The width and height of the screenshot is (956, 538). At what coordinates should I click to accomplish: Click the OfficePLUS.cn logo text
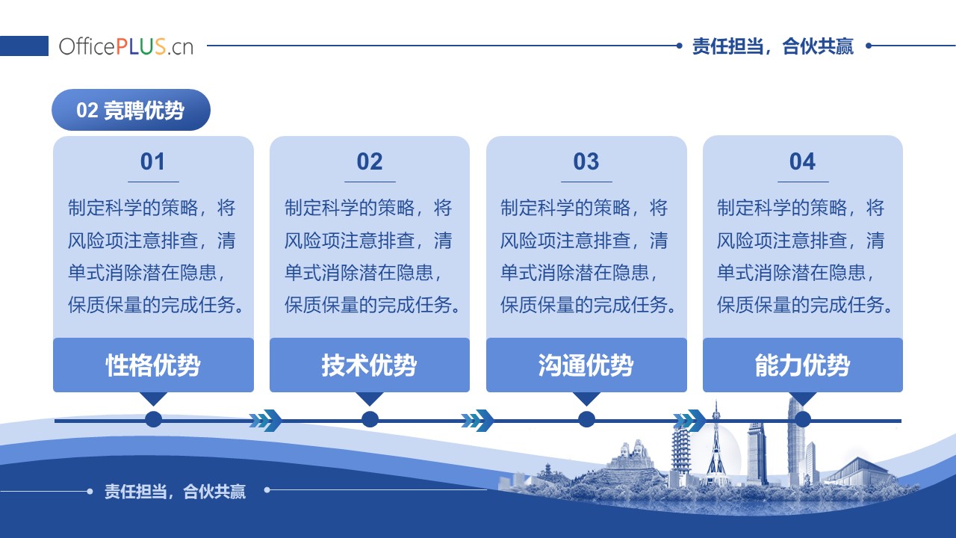tap(126, 46)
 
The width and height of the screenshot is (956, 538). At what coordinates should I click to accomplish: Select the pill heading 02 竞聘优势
tap(131, 110)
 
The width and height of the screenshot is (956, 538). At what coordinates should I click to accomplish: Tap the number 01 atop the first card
tap(152, 161)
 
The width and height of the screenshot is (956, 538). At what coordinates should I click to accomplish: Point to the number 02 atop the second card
tap(370, 161)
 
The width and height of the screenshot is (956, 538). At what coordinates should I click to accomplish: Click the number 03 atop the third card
tap(586, 161)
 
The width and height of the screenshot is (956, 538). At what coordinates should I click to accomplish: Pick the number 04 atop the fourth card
tap(802, 161)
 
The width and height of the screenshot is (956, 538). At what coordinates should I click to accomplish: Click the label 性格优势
tap(153, 365)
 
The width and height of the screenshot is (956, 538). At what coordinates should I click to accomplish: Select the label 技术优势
tap(369, 365)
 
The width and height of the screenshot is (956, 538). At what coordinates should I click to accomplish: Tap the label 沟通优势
tap(586, 365)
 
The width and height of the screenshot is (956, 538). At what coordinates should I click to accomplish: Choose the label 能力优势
tap(802, 365)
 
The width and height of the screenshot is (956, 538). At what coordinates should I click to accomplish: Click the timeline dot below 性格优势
tap(154, 419)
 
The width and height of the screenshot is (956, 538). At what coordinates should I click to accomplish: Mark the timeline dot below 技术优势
tap(370, 419)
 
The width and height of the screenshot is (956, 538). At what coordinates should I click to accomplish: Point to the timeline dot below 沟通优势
tap(587, 419)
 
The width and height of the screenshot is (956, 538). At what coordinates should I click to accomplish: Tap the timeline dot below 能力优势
tap(803, 419)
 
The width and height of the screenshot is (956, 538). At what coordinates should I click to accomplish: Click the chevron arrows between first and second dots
tap(266, 421)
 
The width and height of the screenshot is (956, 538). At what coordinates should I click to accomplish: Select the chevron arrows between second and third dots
tap(477, 421)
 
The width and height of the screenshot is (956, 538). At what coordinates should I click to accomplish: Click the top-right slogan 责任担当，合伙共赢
tap(773, 46)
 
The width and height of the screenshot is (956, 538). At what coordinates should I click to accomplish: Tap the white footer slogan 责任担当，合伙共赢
tap(176, 492)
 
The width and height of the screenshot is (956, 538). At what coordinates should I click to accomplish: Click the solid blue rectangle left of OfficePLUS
tap(24, 46)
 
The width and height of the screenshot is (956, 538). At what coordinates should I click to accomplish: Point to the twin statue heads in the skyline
tap(632, 448)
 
